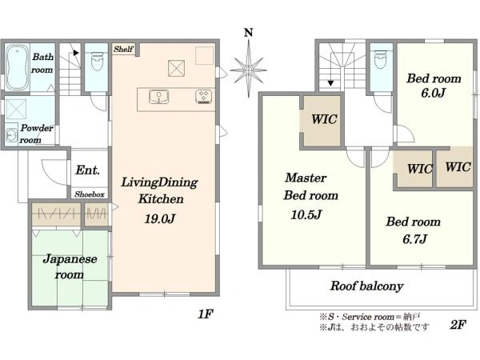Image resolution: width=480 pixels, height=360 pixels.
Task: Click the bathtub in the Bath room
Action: coord(17,67)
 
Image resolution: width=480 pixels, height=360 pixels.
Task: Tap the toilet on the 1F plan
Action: coord(97,61)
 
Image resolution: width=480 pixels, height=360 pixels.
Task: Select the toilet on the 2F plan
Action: coord(381,60)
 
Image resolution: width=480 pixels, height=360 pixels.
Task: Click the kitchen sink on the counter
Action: coord(158,97)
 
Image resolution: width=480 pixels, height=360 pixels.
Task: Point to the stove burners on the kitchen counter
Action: coord(204,97)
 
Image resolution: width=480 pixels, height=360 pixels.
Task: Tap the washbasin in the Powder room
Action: coord(12,134)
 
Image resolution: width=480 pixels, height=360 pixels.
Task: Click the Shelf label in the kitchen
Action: coord(123,49)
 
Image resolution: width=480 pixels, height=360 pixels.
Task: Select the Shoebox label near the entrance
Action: coord(90,194)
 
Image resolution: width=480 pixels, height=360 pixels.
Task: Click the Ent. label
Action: coord(87,170)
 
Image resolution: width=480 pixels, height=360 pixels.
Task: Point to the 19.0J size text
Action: coord(159,218)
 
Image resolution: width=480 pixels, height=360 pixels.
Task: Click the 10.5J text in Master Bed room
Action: coord(306,214)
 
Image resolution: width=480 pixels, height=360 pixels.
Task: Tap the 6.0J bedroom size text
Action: coord(433,93)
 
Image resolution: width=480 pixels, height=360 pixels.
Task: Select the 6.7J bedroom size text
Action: coord(414,238)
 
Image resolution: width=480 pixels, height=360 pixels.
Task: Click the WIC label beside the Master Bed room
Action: coord(324,119)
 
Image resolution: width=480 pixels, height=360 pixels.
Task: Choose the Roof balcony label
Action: coord(366,286)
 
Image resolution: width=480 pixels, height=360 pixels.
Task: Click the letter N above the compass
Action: coord(248,33)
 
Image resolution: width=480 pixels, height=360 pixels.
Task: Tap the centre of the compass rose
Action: coord(248,70)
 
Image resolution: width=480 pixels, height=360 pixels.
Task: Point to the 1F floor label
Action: coord(206,314)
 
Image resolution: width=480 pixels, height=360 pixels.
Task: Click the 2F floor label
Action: coord(458,325)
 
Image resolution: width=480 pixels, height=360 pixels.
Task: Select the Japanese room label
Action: coord(70,266)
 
